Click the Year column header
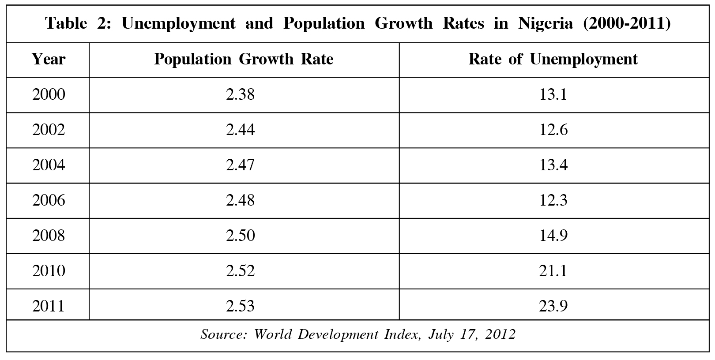point(49,59)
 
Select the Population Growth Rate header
point(244,59)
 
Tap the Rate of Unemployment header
point(553,59)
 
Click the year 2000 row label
point(49,94)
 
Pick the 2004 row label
point(49,165)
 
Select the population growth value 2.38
point(241,94)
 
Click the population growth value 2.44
point(241,130)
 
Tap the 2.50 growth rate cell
point(241,236)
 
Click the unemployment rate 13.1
point(553,94)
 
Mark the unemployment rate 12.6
point(553,130)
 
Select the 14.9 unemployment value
point(553,236)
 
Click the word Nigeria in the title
point(546,23)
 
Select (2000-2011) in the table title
point(627,23)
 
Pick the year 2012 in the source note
point(500,334)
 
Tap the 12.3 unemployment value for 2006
point(553,200)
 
